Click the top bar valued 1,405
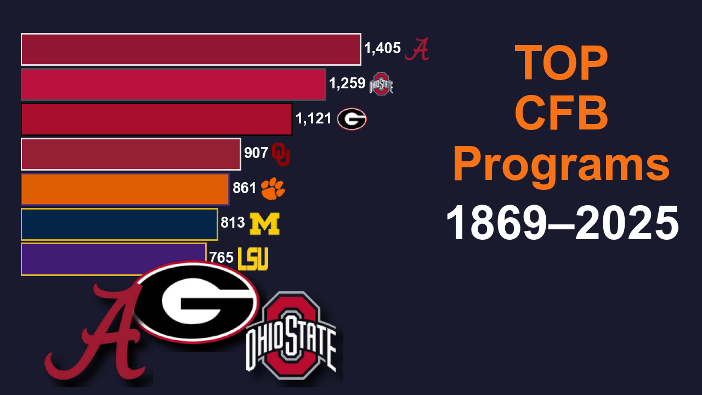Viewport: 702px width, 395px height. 191,49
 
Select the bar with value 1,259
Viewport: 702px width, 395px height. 173,84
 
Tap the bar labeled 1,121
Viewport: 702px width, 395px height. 156,119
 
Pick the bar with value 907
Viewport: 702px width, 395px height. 131,154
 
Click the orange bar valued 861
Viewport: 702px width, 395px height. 124,189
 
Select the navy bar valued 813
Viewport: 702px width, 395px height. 119,224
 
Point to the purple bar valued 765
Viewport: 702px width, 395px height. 82,255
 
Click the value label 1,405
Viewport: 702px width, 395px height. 382,49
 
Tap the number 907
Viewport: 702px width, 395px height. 256,153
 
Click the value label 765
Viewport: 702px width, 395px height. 222,257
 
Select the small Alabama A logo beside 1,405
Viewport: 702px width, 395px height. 417,49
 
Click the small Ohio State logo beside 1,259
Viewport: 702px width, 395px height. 381,84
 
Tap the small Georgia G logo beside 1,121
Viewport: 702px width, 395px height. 352,119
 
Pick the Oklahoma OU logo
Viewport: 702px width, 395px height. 281,154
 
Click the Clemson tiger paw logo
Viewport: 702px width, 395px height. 273,189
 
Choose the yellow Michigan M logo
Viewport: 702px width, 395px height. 264,224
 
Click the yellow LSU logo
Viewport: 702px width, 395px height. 253,259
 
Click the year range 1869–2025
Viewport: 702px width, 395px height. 562,224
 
